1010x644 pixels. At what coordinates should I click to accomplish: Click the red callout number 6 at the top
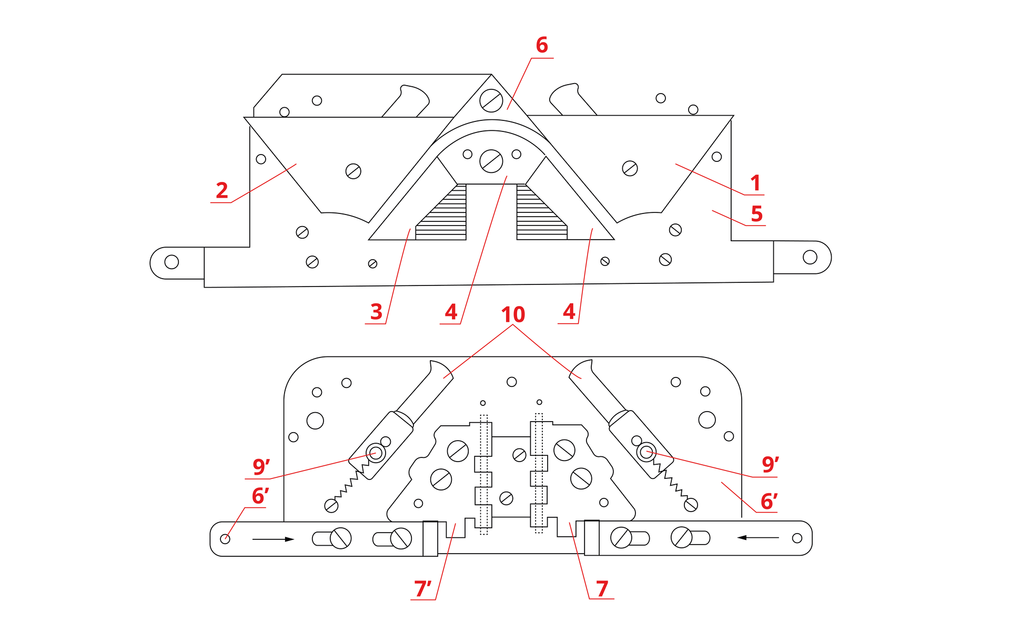tap(542, 45)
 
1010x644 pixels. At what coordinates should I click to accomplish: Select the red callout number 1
tap(755, 183)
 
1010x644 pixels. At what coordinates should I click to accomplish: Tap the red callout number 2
tap(222, 190)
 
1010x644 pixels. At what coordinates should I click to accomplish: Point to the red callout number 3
tap(376, 312)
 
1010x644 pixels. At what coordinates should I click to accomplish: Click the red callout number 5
tap(756, 214)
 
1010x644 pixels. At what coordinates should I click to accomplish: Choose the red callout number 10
tap(513, 314)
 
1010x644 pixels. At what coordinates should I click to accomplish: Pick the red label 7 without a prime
tap(602, 589)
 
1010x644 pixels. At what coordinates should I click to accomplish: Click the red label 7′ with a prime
tap(422, 589)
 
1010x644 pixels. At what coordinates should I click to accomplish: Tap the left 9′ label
tap(261, 466)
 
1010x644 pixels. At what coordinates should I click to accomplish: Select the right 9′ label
tap(770, 464)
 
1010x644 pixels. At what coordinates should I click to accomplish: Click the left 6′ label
tap(260, 496)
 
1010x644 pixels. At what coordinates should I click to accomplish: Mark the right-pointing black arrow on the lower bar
tap(273, 539)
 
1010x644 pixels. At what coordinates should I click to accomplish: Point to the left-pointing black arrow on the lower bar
tap(757, 537)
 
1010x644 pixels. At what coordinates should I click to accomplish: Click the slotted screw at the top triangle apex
tap(491, 100)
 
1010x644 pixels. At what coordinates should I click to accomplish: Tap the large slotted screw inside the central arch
tap(491, 161)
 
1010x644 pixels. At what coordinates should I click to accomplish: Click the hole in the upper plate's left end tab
tap(171, 262)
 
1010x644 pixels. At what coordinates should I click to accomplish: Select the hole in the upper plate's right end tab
tap(810, 257)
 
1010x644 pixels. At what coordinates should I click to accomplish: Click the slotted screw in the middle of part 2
tap(353, 171)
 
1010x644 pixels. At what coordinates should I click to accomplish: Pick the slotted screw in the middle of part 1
tap(630, 168)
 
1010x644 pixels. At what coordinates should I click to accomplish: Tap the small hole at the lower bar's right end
tap(797, 538)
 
